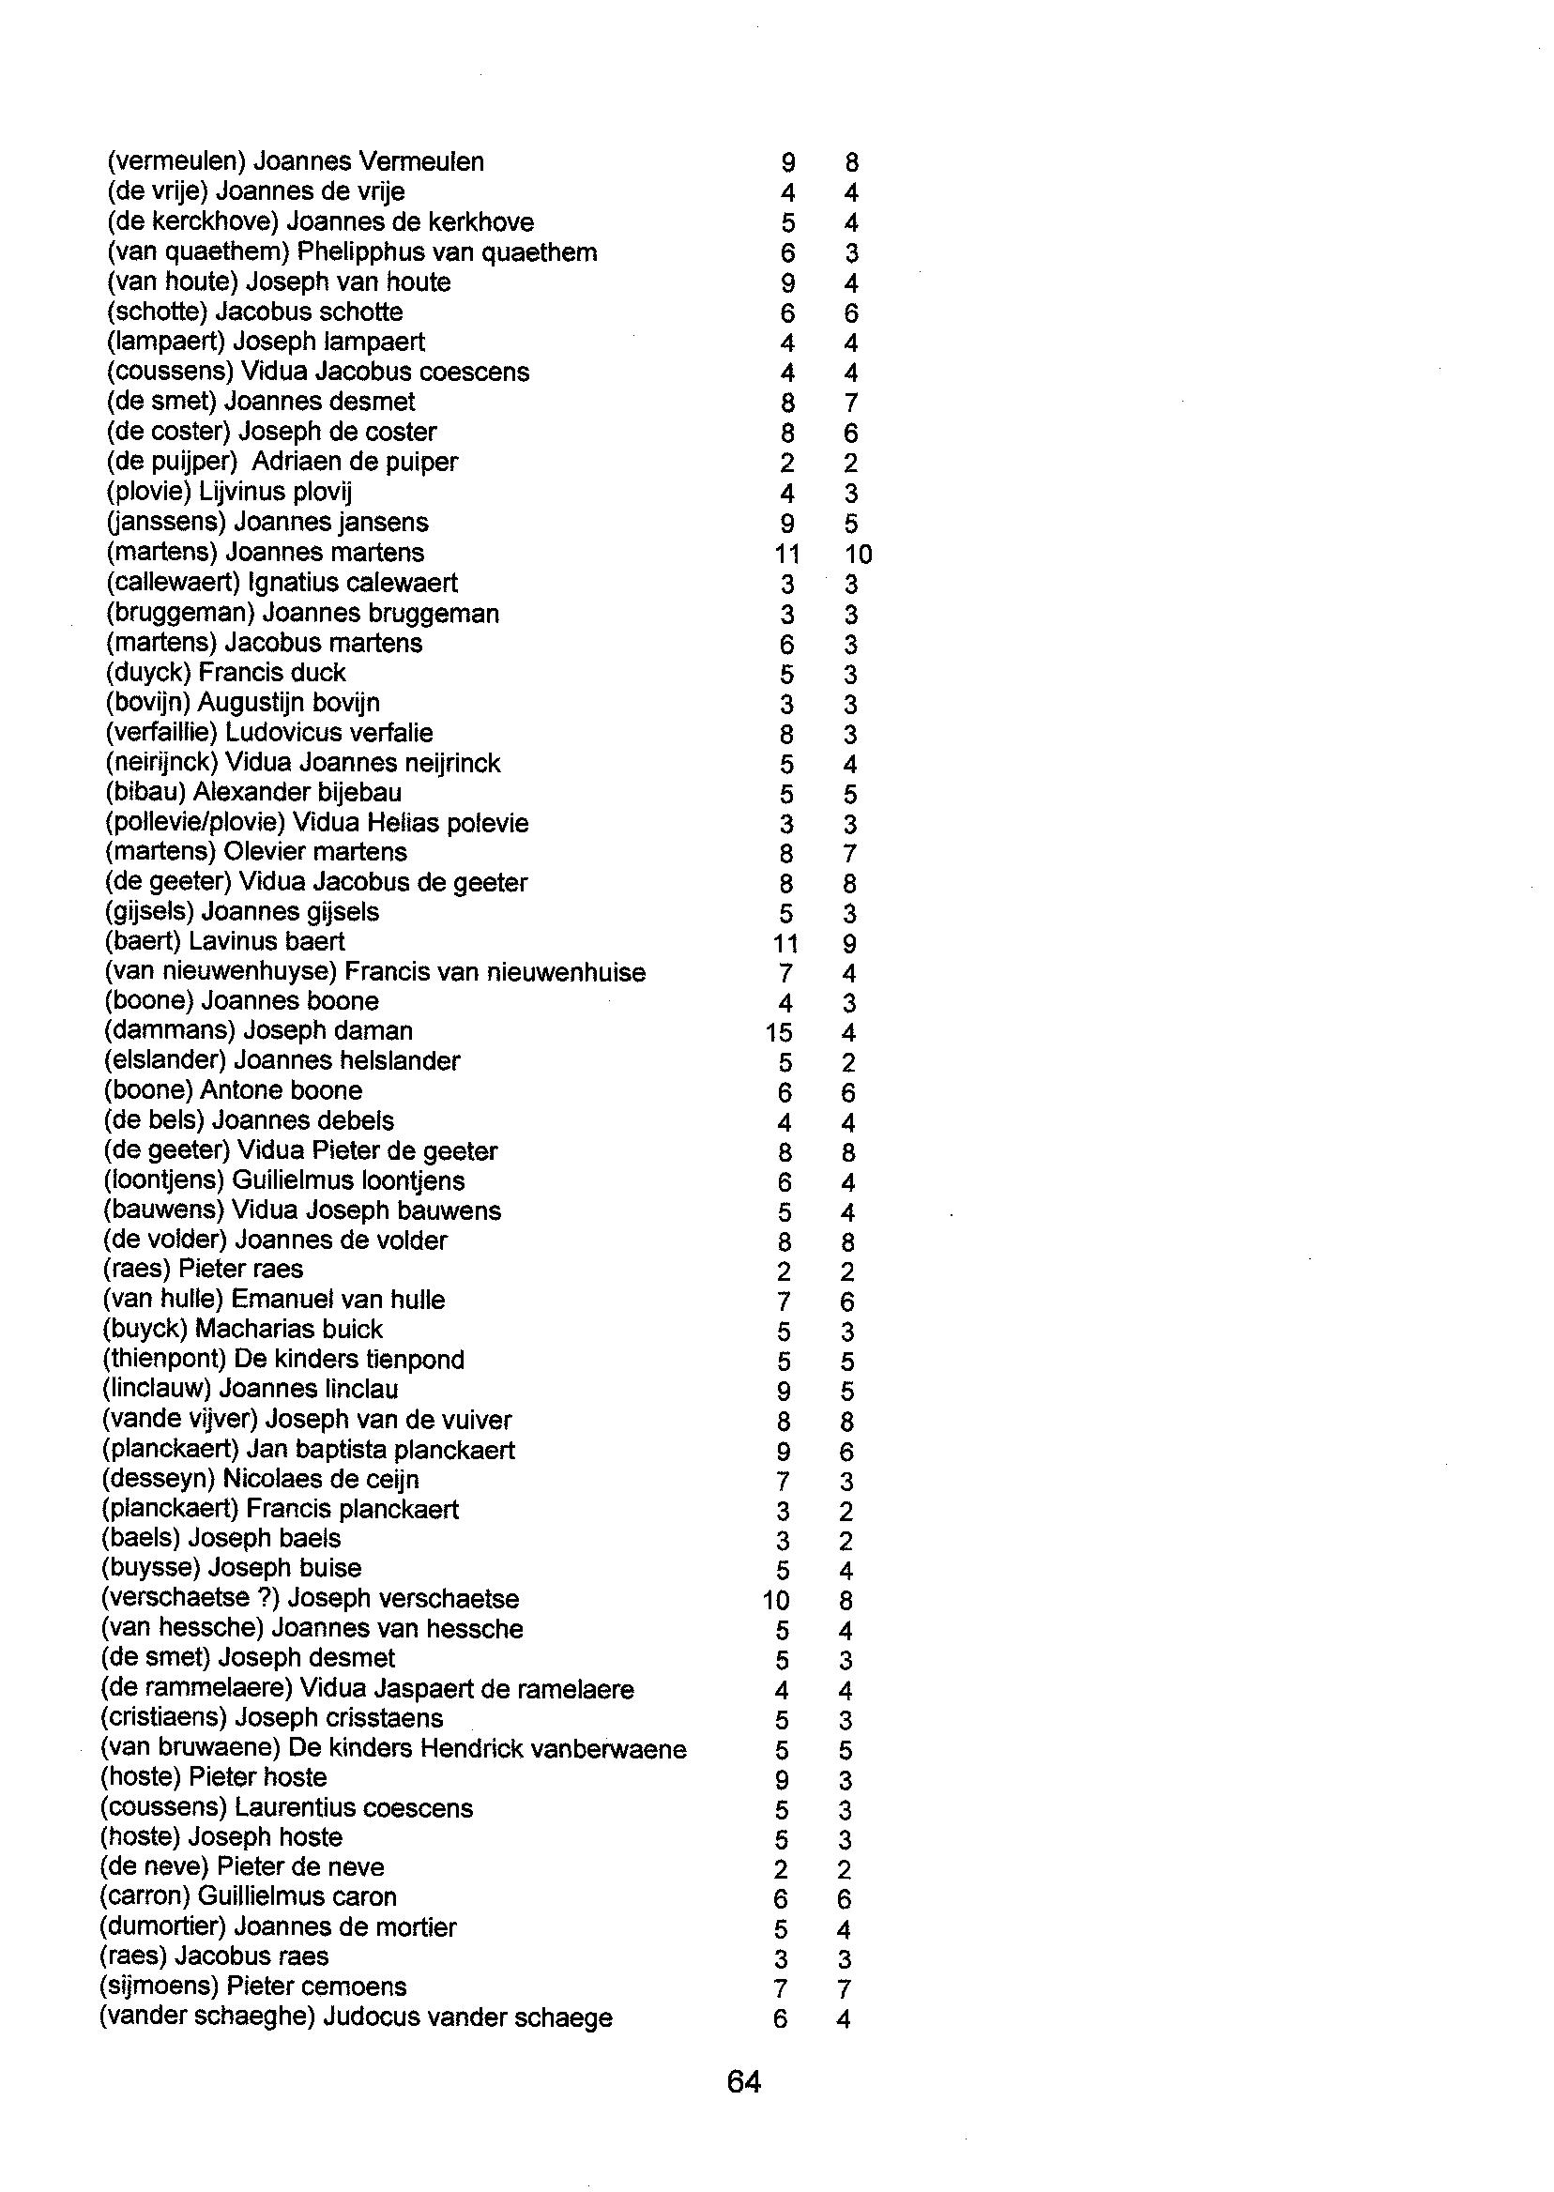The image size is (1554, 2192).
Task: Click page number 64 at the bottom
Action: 743,2081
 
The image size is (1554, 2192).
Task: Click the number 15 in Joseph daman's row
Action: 778,1032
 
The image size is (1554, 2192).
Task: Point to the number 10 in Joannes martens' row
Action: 858,554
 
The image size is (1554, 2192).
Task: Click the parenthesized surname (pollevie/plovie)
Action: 194,823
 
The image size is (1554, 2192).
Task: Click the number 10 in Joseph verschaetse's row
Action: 776,1600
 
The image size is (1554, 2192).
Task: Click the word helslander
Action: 400,1061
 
